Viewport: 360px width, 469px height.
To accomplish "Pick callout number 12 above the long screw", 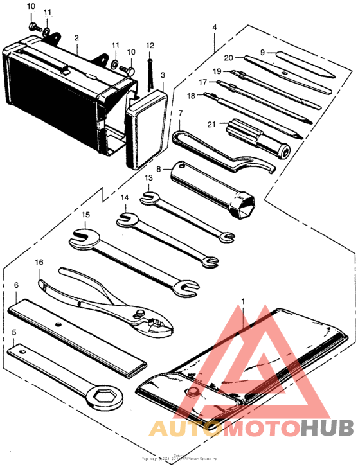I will coord(150,46).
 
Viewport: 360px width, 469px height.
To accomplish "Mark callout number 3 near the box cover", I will coord(163,76).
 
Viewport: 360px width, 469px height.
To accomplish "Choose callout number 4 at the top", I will coord(214,28).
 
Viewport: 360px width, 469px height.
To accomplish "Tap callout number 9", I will coord(263,52).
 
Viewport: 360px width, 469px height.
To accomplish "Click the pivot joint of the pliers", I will coord(138,313).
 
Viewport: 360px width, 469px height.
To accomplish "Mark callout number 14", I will coord(125,198).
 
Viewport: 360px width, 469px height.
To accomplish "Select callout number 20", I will coord(230,57).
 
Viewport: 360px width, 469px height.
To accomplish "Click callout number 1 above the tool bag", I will coord(243,300).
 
